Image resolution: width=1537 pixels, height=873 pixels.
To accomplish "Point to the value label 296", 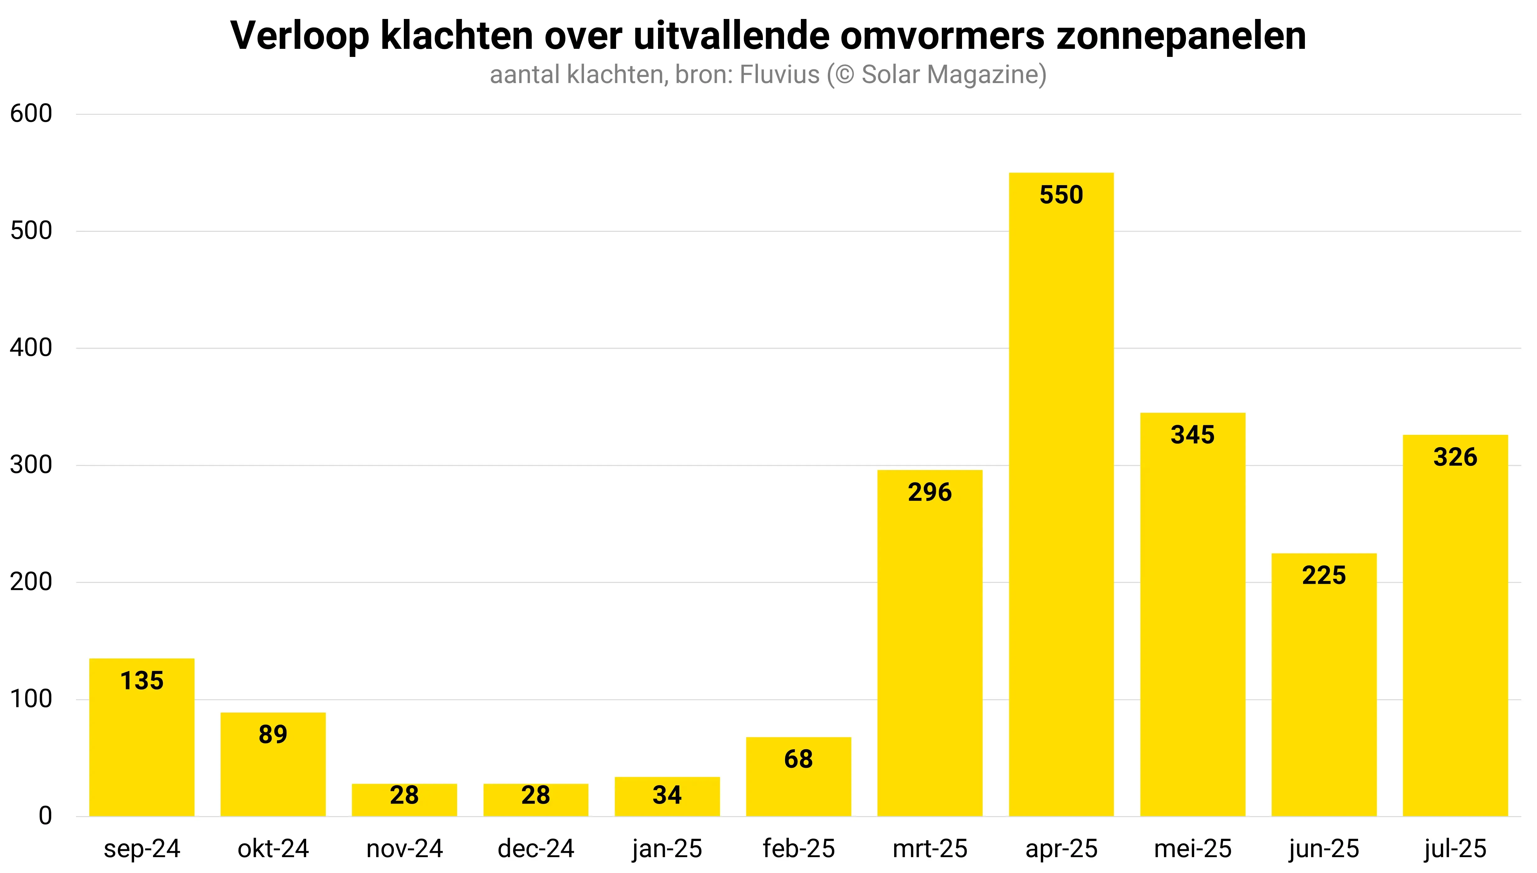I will pyautogui.click(x=930, y=492).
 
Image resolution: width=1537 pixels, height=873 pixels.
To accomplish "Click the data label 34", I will pyautogui.click(x=667, y=795).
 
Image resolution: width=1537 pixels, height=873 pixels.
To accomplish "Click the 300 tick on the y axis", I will pyautogui.click(x=31, y=465).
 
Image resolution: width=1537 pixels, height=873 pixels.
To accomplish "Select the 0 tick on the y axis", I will pyautogui.click(x=45, y=816).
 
